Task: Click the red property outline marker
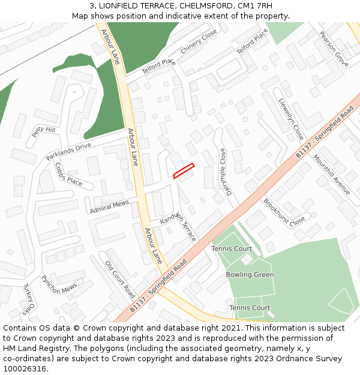click(184, 170)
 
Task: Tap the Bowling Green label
click(250, 275)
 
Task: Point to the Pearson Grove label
click(334, 49)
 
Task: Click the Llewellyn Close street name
click(291, 119)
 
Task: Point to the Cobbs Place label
click(68, 174)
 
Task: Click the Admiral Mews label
click(109, 207)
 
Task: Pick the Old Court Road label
click(120, 279)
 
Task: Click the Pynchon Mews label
click(59, 284)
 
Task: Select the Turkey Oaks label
click(28, 299)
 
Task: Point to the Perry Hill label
click(44, 131)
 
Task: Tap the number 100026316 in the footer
click(25, 369)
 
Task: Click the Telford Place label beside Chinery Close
click(158, 67)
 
